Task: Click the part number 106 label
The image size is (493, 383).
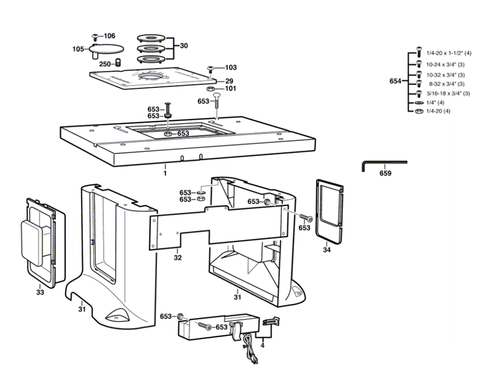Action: [109, 36]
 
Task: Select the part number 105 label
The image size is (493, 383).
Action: [78, 49]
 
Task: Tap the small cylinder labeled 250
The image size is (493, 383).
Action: [118, 63]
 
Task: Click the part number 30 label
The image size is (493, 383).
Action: [183, 46]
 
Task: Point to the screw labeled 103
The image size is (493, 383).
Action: [211, 68]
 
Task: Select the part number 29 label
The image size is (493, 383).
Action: [229, 81]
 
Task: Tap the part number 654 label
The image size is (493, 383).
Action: [395, 82]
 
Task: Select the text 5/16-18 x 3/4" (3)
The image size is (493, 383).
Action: [448, 94]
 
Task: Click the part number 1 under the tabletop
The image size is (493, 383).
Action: [165, 174]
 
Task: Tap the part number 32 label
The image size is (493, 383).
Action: [177, 257]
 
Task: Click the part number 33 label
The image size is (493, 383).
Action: [40, 292]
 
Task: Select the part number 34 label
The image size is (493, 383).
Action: [327, 250]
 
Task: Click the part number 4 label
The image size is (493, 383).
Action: [262, 345]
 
